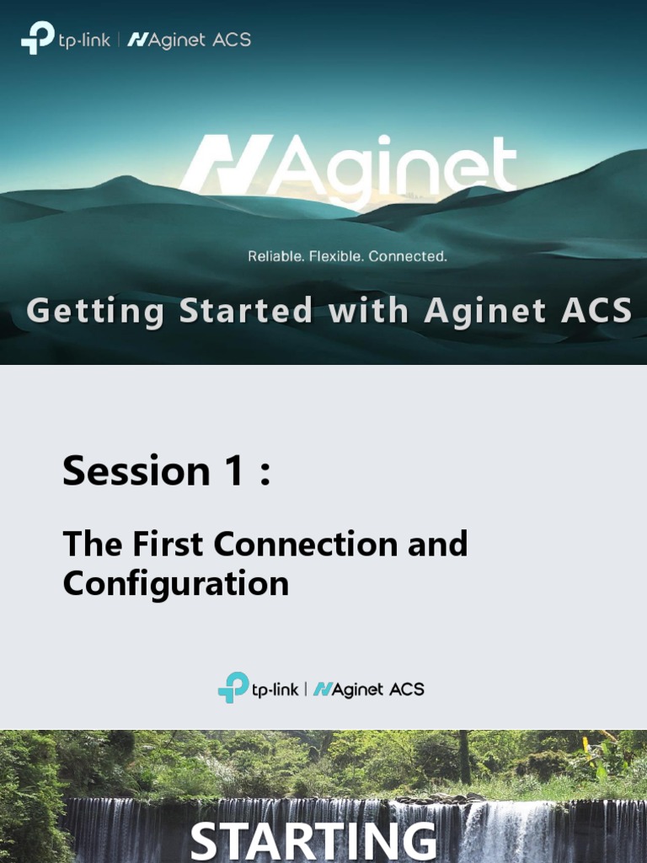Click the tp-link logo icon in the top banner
click(x=37, y=39)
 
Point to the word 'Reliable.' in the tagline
click(x=275, y=255)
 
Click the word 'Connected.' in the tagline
click(x=408, y=255)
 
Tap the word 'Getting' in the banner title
click(x=95, y=312)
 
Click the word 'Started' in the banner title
click(x=247, y=311)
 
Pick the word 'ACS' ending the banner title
click(x=596, y=311)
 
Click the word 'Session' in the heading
click(x=135, y=471)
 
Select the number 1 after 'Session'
click(x=233, y=471)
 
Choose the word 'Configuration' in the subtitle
click(x=175, y=583)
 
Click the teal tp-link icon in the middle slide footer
click(x=233, y=687)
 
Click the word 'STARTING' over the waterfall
click(x=313, y=842)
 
